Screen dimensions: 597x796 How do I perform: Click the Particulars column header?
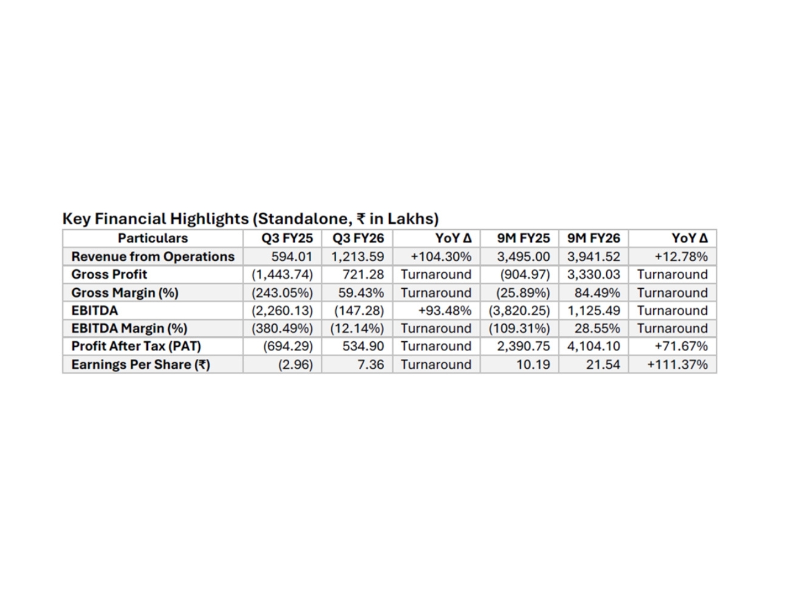click(153, 238)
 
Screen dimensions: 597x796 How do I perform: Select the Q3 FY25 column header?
click(287, 238)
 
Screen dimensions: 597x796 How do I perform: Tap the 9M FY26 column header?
click(594, 238)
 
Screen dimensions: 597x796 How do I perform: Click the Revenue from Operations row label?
click(153, 257)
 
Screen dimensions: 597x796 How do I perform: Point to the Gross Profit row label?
click(109, 275)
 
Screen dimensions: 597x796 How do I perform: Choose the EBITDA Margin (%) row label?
click(129, 328)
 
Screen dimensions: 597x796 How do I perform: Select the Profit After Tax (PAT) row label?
click(136, 346)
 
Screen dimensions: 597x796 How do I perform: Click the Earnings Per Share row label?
click(141, 365)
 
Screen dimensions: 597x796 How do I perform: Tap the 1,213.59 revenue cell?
click(358, 257)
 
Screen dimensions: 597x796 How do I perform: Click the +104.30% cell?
click(441, 257)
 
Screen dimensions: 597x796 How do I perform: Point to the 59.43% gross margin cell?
click(361, 293)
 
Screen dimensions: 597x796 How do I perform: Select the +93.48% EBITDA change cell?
click(444, 310)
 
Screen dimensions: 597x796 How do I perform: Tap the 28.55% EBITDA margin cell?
click(597, 328)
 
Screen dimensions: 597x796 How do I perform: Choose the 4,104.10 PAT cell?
click(594, 346)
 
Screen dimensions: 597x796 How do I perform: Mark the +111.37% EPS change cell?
click(677, 365)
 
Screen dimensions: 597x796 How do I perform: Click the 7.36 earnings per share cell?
click(371, 365)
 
